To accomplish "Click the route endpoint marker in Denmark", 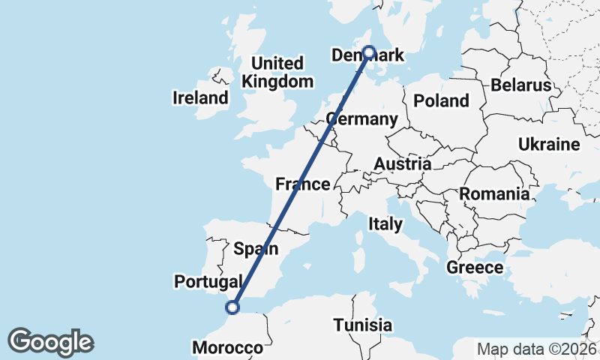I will click(x=369, y=52).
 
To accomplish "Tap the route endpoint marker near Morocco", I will click(x=233, y=306).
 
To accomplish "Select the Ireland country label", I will click(x=200, y=97).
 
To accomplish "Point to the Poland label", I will click(x=441, y=100).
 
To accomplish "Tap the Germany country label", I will click(x=362, y=119).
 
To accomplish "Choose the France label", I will click(x=302, y=184).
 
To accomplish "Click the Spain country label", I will click(x=256, y=248).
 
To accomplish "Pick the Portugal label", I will click(x=208, y=281).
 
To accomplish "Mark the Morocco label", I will click(x=228, y=347).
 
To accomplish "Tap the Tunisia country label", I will click(x=363, y=325).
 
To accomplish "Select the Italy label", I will click(x=385, y=223).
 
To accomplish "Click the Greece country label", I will click(x=475, y=268).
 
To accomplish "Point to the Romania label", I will click(x=494, y=194).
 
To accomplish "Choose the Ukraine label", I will click(x=550, y=144).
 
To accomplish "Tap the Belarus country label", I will click(x=521, y=85).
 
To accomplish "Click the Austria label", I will click(x=403, y=163).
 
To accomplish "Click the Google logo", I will click(x=50, y=342).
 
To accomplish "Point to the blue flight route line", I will click(x=300, y=180).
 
